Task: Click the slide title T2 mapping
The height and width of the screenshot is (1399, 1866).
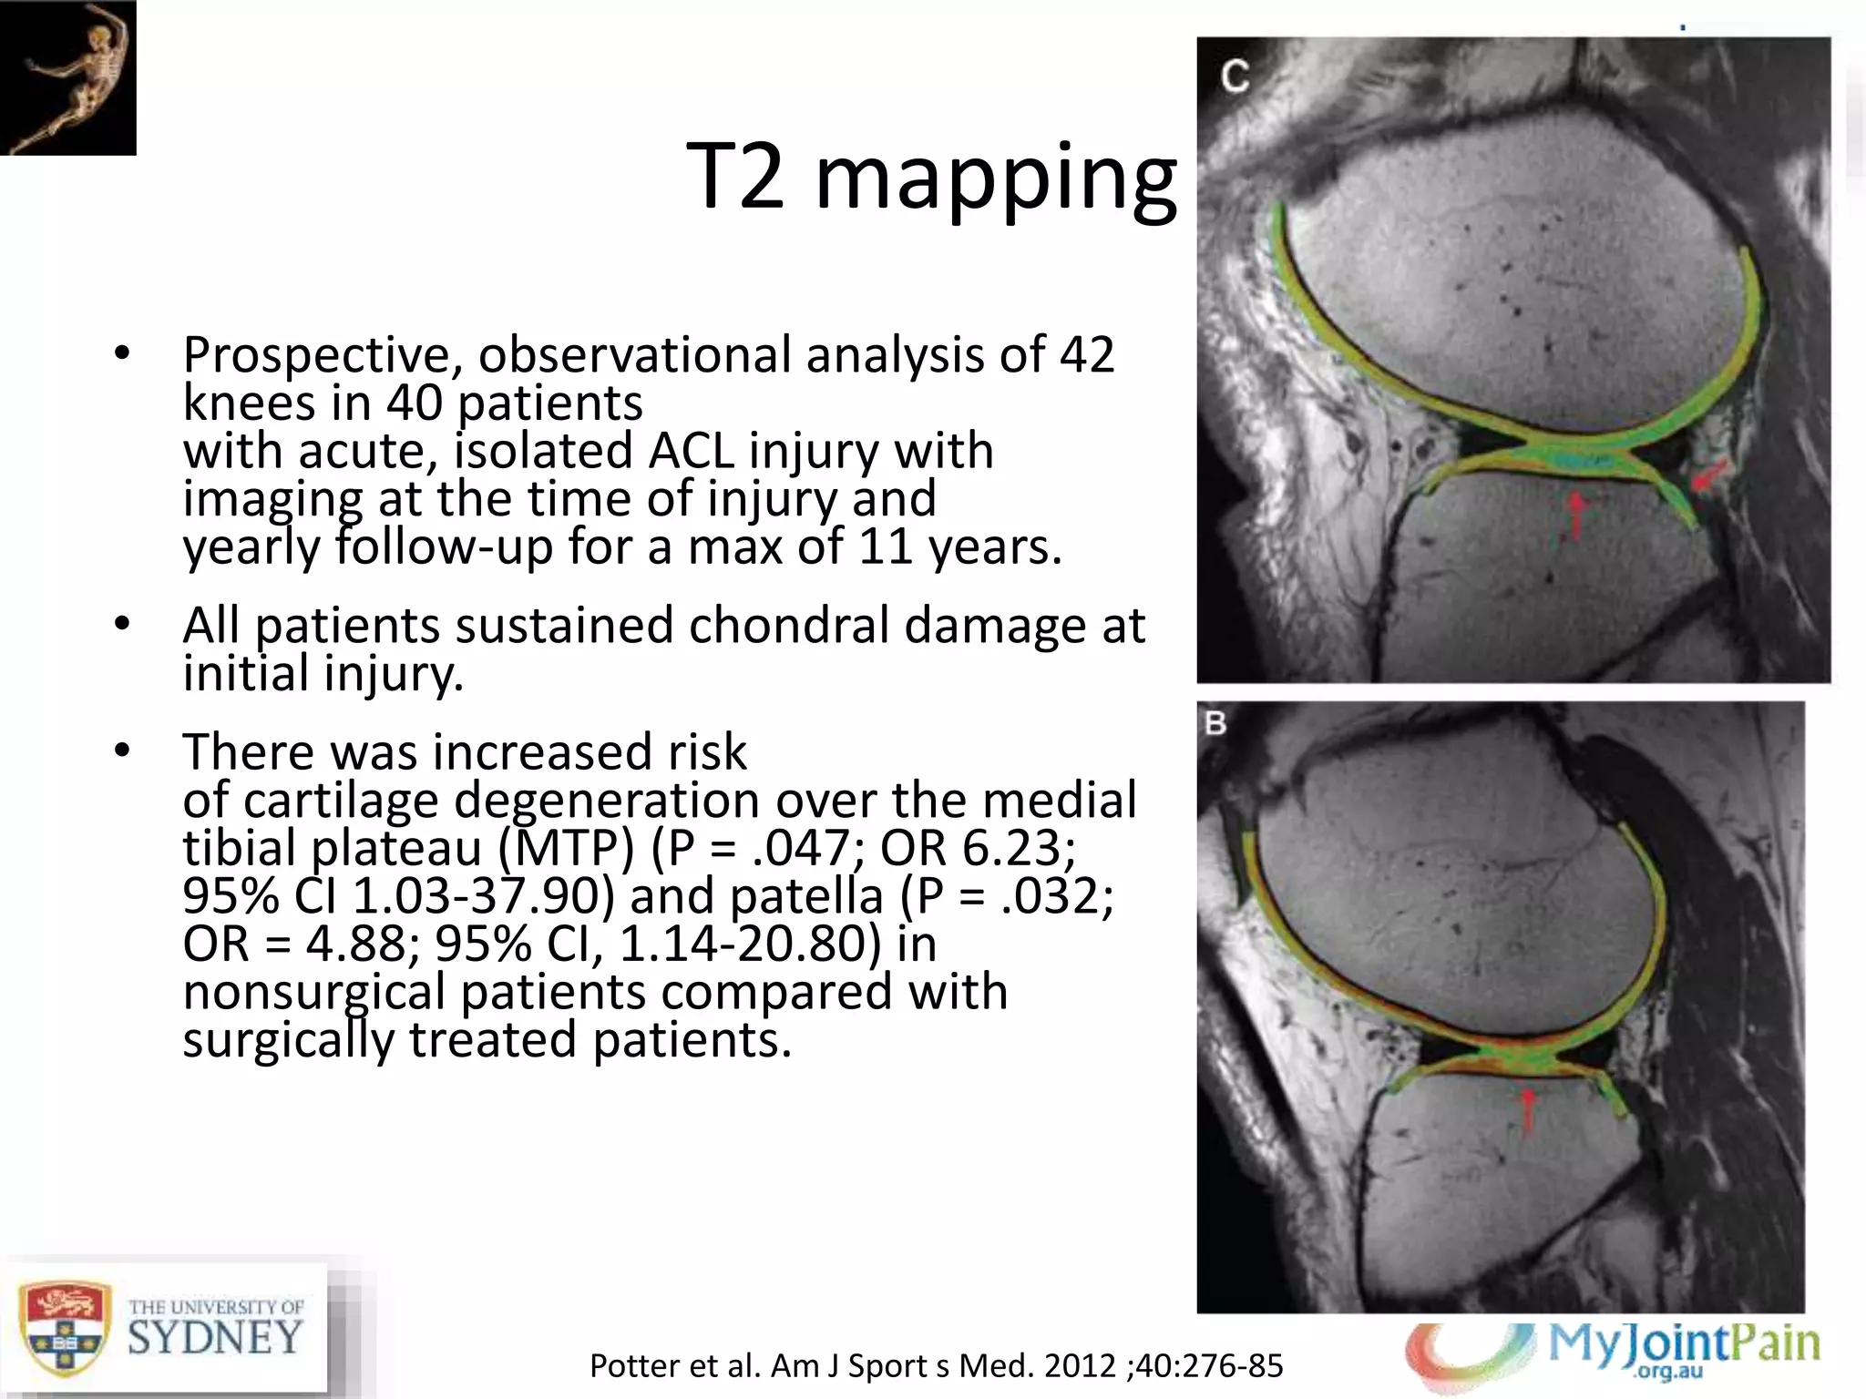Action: point(931,178)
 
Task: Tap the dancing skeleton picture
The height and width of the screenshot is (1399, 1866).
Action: point(67,77)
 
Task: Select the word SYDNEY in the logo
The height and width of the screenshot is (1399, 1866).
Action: point(215,1338)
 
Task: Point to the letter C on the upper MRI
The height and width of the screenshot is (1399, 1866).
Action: point(1235,77)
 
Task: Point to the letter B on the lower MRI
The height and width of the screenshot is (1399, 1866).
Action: point(1215,724)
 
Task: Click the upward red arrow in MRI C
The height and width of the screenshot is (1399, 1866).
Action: point(1576,516)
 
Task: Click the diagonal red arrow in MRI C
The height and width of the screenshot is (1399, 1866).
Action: point(1709,476)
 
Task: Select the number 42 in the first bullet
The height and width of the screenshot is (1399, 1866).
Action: point(1087,354)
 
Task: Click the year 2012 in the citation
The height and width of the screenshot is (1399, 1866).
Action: point(1080,1366)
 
